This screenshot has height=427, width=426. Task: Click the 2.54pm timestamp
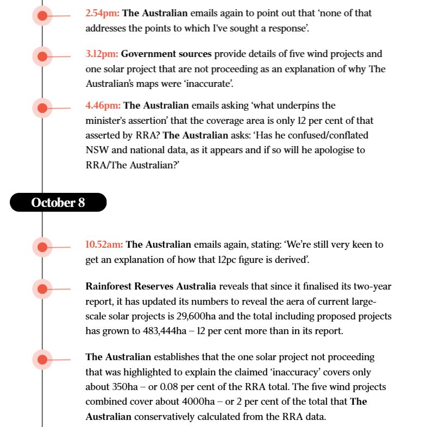(x=102, y=13)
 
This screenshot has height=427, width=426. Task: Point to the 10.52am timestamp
(x=104, y=244)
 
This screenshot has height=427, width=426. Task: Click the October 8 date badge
(x=58, y=203)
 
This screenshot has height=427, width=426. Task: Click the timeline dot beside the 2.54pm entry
(x=42, y=16)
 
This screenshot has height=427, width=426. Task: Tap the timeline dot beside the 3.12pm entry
(x=42, y=56)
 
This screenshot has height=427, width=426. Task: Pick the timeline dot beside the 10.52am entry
(x=42, y=247)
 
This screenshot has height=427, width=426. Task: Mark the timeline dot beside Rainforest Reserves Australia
(x=42, y=288)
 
